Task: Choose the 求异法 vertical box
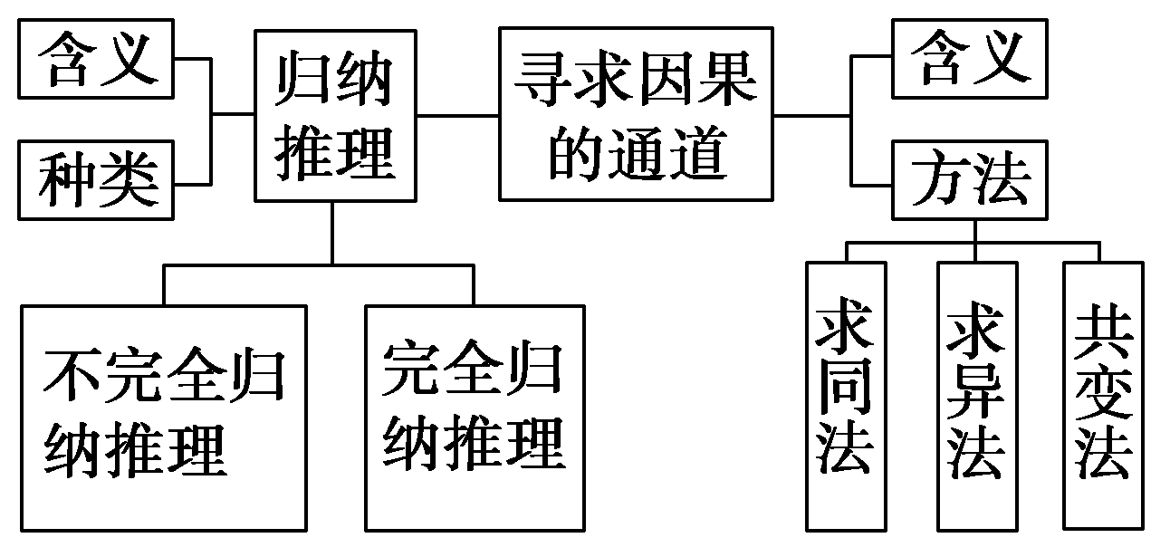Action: [x=976, y=395]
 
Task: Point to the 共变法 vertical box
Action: [x=1103, y=395]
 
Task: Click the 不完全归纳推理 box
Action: [x=163, y=417]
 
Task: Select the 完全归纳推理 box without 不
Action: [x=473, y=417]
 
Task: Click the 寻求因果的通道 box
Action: [x=636, y=113]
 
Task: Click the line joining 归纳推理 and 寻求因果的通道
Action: [x=457, y=115]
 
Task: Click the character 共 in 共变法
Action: [x=1103, y=333]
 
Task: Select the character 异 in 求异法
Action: [x=976, y=396]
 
